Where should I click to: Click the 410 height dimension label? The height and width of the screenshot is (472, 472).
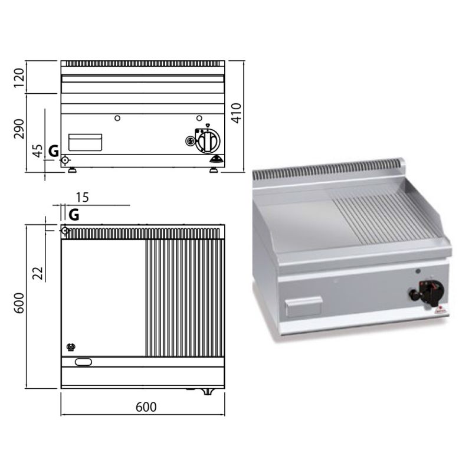click(x=237, y=113)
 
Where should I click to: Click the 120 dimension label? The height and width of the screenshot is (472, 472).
click(x=19, y=78)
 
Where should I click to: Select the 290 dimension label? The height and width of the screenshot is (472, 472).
click(x=19, y=129)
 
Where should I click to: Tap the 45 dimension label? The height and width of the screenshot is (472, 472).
click(x=38, y=151)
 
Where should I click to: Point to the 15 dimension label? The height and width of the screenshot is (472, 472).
click(x=82, y=198)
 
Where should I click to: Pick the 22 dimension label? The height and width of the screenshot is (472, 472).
click(x=38, y=273)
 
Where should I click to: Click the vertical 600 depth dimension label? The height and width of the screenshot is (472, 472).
click(x=19, y=303)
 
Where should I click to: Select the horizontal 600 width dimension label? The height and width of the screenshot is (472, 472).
click(x=146, y=407)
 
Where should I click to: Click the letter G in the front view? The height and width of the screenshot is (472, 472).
click(x=54, y=151)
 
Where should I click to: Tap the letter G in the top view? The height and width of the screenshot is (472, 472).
click(x=74, y=215)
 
